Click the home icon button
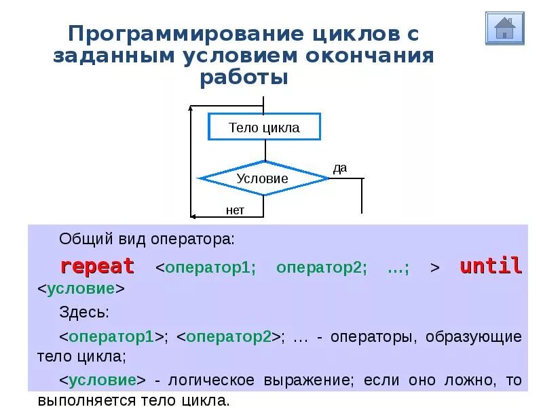coord(505,28)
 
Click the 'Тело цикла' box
coord(264,128)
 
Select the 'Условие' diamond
coord(263,179)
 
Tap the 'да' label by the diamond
coord(340,168)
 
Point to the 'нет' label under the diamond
coord(235,210)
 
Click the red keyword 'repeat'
coord(98,266)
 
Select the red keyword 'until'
coord(491,266)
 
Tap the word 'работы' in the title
coord(244,77)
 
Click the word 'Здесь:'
coord(84,312)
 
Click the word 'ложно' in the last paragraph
coord(478,380)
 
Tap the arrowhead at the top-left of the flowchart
coord(193,106)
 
